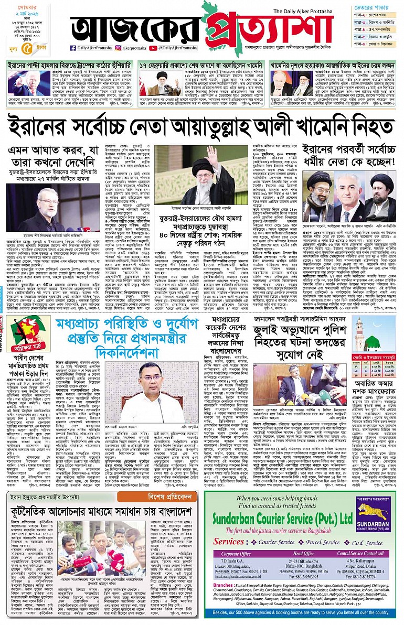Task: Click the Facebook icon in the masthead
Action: [72, 48]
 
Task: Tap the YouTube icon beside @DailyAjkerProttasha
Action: [153, 48]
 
